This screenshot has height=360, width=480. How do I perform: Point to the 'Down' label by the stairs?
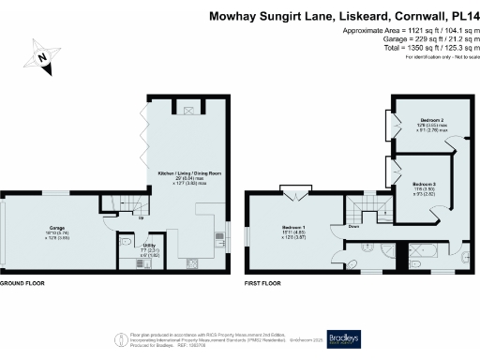353,226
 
